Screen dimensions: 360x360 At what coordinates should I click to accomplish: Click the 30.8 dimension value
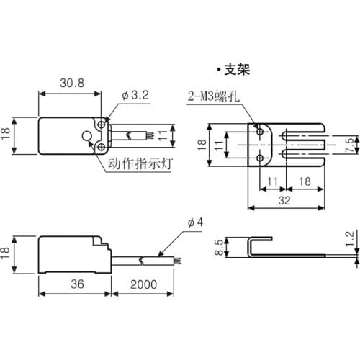pos(72,83)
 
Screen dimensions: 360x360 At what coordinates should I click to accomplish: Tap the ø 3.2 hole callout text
pos(135,95)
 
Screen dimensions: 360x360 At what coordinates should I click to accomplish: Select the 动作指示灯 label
pos(140,163)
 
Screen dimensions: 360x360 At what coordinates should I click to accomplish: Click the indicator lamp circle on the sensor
pos(86,136)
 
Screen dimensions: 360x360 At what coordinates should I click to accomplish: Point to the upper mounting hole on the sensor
pos(102,125)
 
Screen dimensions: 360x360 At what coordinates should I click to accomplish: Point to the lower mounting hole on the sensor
pos(102,147)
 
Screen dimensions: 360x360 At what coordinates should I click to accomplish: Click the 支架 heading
pos(237,70)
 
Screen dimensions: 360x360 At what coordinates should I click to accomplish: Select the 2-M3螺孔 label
pos(214,96)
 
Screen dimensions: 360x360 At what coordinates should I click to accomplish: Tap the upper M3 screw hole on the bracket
pos(260,132)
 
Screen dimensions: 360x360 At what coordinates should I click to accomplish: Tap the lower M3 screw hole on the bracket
pos(260,158)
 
